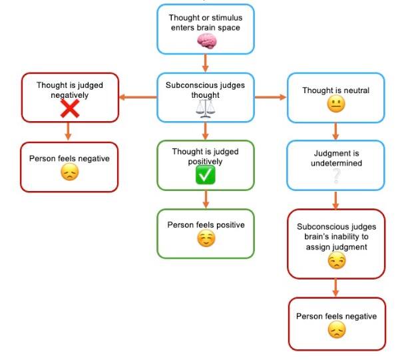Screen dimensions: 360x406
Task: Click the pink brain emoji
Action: pos(207,41)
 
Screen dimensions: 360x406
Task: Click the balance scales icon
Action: pos(205,108)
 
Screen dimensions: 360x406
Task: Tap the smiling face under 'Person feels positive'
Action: pos(206,240)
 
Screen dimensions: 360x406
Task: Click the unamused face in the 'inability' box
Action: pos(336,261)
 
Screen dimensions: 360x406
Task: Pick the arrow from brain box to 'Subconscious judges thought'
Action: pos(206,64)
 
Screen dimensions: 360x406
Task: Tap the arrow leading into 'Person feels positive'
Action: pos(206,199)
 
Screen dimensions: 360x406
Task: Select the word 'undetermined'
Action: pos(336,163)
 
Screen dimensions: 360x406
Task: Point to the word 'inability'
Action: pos(351,237)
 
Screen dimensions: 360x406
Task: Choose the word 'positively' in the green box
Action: pos(205,162)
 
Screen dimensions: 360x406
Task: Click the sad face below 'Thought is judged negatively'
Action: pos(69,172)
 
